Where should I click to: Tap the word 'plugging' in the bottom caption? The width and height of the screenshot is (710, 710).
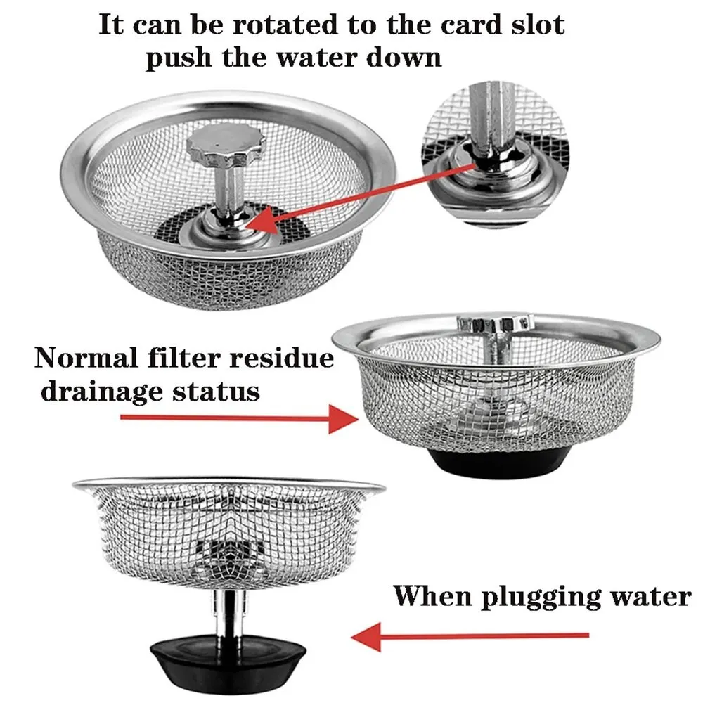coord(524,597)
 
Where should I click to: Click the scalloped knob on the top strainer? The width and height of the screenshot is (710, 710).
coord(226,146)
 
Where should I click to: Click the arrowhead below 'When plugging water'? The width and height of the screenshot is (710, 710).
coord(366,637)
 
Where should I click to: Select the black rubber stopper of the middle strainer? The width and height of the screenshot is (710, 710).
coord(500,463)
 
